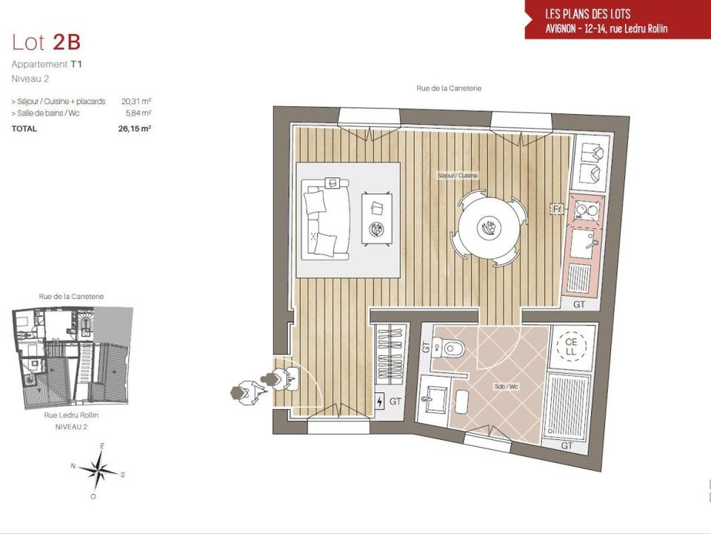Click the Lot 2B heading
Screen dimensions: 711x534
pyautogui.click(x=46, y=42)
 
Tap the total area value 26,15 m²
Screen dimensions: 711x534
pyautogui.click(x=134, y=128)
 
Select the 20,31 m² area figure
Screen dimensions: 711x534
pyautogui.click(x=136, y=102)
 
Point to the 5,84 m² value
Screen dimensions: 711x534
pyautogui.click(x=138, y=113)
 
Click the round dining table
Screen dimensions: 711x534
pyautogui.click(x=489, y=227)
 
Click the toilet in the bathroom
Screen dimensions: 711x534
pyautogui.click(x=449, y=349)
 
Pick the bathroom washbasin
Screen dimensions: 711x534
pyautogui.click(x=434, y=399)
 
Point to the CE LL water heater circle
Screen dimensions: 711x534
pyautogui.click(x=571, y=346)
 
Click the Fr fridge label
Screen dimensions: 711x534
pyautogui.click(x=557, y=209)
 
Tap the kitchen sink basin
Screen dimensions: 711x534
pyautogui.click(x=583, y=244)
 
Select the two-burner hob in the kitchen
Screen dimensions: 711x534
pyautogui.click(x=587, y=210)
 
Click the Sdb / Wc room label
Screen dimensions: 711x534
pyautogui.click(x=506, y=387)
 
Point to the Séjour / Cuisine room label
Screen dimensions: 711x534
pyautogui.click(x=458, y=175)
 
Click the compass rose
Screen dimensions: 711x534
pyautogui.click(x=99, y=471)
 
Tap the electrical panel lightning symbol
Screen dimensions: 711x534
pyautogui.click(x=380, y=401)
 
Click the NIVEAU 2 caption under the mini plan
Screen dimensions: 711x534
pyautogui.click(x=71, y=427)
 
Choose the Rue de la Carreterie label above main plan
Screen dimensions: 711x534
pyautogui.click(x=449, y=88)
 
